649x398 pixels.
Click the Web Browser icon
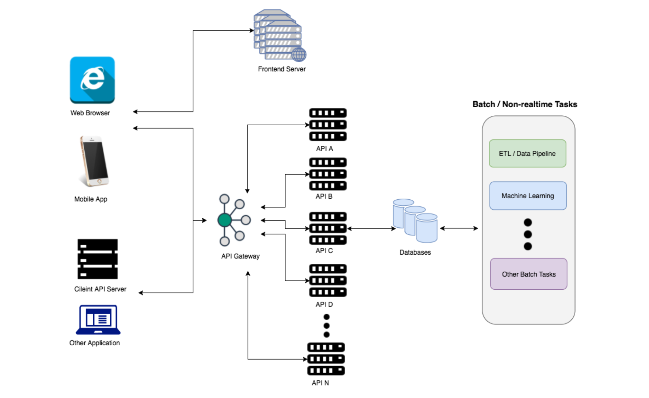[x=92, y=80]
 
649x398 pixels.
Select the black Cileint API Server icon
[x=98, y=259]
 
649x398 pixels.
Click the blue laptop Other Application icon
[x=98, y=320]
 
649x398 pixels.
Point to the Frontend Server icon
[x=279, y=35]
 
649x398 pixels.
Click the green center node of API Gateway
[x=224, y=220]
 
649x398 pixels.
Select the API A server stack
[x=327, y=125]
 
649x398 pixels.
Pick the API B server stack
[x=327, y=174]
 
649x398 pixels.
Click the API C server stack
[x=327, y=228]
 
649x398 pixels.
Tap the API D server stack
[x=327, y=280]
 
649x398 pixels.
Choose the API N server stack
[x=326, y=359]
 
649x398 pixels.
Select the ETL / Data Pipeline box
[x=527, y=153]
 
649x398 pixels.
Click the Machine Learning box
[x=528, y=196]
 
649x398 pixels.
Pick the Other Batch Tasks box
[x=529, y=274]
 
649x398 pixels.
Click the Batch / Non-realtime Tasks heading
[x=525, y=104]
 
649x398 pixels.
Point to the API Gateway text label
[x=240, y=256]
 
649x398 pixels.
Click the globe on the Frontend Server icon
[x=299, y=55]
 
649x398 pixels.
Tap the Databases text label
[x=415, y=252]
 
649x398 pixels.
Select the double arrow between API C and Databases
[x=371, y=228]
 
